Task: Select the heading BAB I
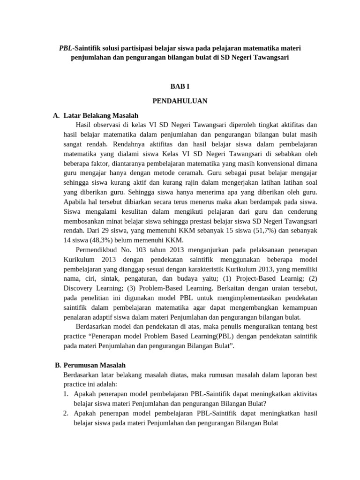(180, 86)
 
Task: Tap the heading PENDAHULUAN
(180, 100)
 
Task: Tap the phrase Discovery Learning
(91, 288)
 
